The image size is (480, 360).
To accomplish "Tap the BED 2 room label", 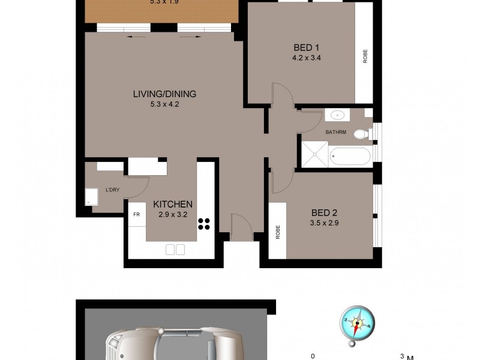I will point(324,212).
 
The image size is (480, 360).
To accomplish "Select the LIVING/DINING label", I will point(164,94).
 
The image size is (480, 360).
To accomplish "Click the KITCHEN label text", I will point(173,204).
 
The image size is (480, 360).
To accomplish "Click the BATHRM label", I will point(335,131).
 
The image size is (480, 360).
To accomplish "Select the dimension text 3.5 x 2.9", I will point(324,224).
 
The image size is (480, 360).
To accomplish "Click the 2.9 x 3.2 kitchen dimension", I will point(173,215).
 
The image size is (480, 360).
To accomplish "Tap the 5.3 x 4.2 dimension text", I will point(164,104).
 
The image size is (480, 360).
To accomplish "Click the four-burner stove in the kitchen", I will point(205,224).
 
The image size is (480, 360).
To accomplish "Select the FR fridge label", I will point(136,214).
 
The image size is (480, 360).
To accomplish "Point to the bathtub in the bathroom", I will point(350,155).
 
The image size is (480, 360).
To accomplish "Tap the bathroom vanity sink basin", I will point(335,115).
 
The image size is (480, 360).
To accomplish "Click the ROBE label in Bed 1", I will point(365,56).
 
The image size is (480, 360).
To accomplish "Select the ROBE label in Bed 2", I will point(278,232).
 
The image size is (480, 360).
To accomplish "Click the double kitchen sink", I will point(175,249).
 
